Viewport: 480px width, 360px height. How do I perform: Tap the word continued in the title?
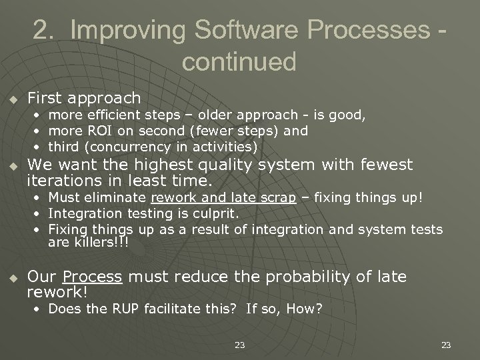click(x=239, y=61)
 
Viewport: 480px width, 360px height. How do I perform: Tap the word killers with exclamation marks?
click(x=91, y=243)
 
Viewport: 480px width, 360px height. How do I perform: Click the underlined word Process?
click(x=93, y=276)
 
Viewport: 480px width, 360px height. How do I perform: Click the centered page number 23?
click(x=240, y=345)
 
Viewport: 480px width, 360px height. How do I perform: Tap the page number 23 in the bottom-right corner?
click(x=446, y=345)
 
